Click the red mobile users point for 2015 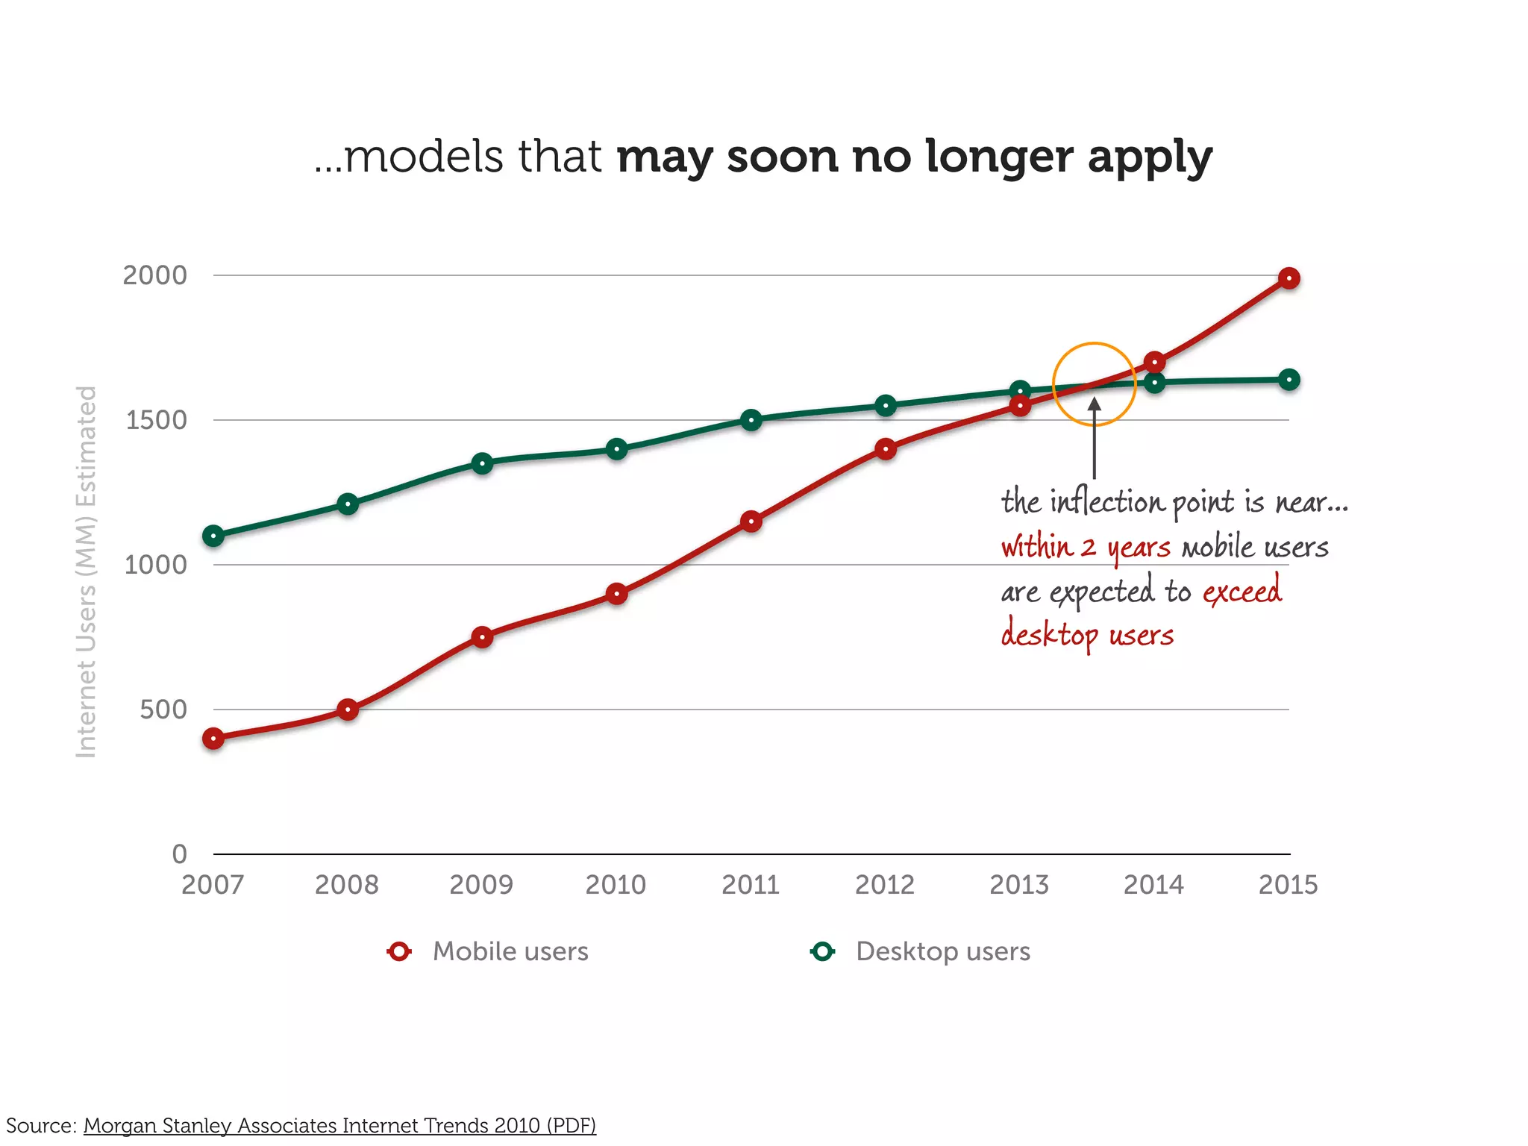(x=1289, y=278)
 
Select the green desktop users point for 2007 (x=213, y=536)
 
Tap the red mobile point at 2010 (x=616, y=594)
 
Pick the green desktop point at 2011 (x=751, y=420)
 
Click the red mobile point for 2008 (x=348, y=709)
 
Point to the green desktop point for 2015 (x=1289, y=380)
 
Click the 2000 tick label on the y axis (x=155, y=275)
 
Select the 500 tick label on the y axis (x=163, y=710)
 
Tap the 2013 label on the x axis (x=1019, y=885)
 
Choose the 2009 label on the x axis (x=481, y=885)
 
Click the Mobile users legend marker (x=400, y=951)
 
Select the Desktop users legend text (x=943, y=951)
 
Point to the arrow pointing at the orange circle (x=1095, y=440)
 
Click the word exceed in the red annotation (x=1242, y=591)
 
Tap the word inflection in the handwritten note (x=1107, y=501)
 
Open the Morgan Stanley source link (x=339, y=1125)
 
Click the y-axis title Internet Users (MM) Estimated (x=87, y=572)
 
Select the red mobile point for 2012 (x=886, y=449)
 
